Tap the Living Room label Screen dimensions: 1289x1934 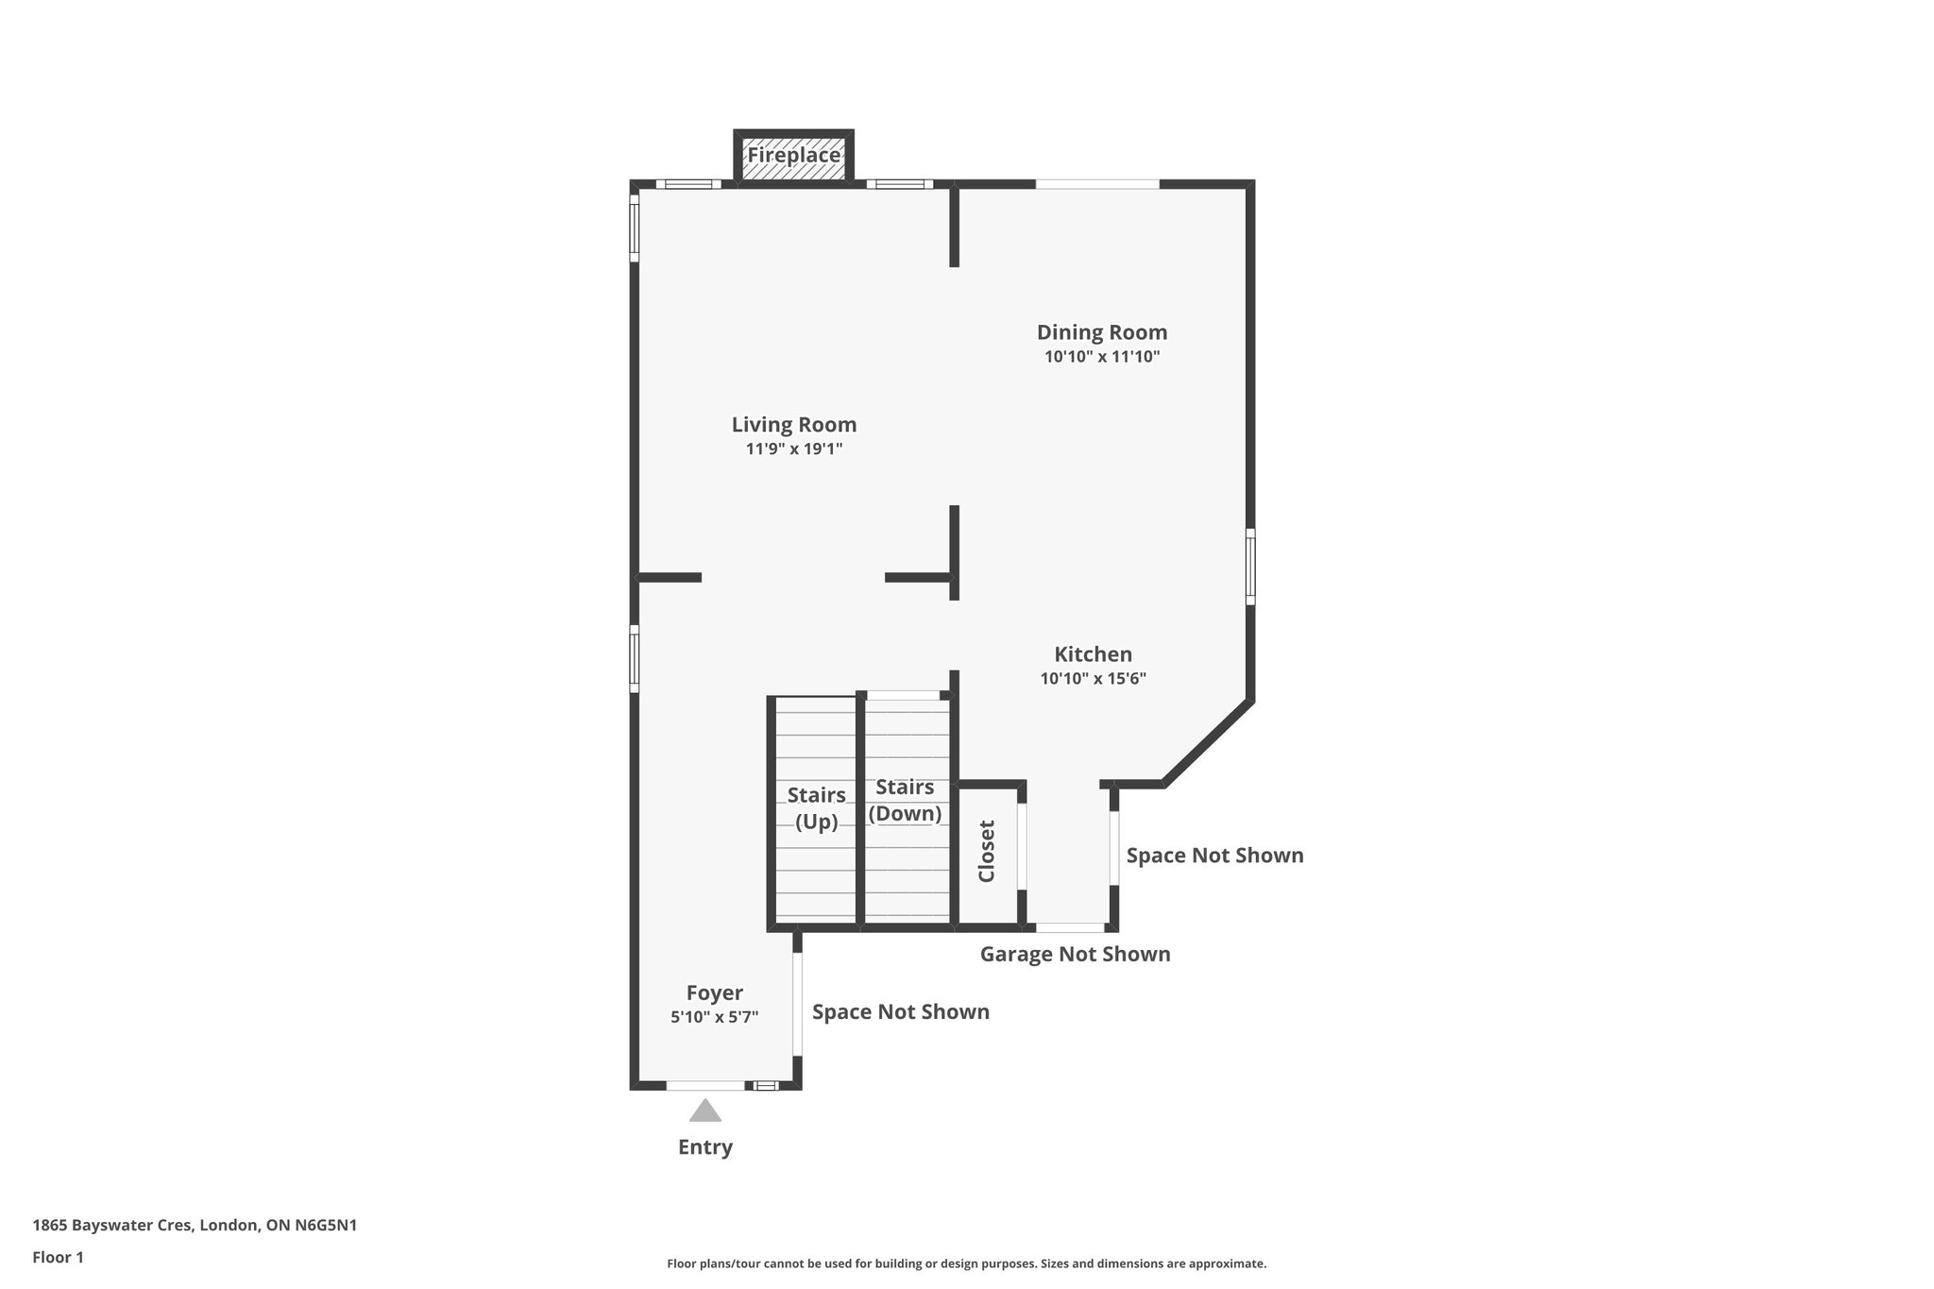[793, 425]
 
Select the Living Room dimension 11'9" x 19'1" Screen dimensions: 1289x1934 [793, 449]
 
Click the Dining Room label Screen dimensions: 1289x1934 [1101, 332]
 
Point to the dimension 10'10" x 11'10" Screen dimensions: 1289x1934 [1101, 357]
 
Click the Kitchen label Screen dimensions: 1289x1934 [1093, 654]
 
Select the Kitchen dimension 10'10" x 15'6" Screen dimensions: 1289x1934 [1093, 679]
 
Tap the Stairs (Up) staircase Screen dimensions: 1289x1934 [815, 808]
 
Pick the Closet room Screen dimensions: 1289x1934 [987, 851]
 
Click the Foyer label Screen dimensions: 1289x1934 [714, 992]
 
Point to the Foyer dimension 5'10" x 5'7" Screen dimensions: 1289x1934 [714, 1017]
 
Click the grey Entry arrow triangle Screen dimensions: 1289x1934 [704, 1111]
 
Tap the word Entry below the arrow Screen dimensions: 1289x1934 [704, 1147]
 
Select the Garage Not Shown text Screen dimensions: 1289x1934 [1075, 954]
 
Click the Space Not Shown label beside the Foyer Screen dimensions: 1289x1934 [900, 1012]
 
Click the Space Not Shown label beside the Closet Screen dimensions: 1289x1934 [1214, 856]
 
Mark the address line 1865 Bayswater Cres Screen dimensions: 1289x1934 [195, 1226]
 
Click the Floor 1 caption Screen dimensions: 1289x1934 [58, 1257]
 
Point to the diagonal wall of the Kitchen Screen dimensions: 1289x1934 [1208, 743]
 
